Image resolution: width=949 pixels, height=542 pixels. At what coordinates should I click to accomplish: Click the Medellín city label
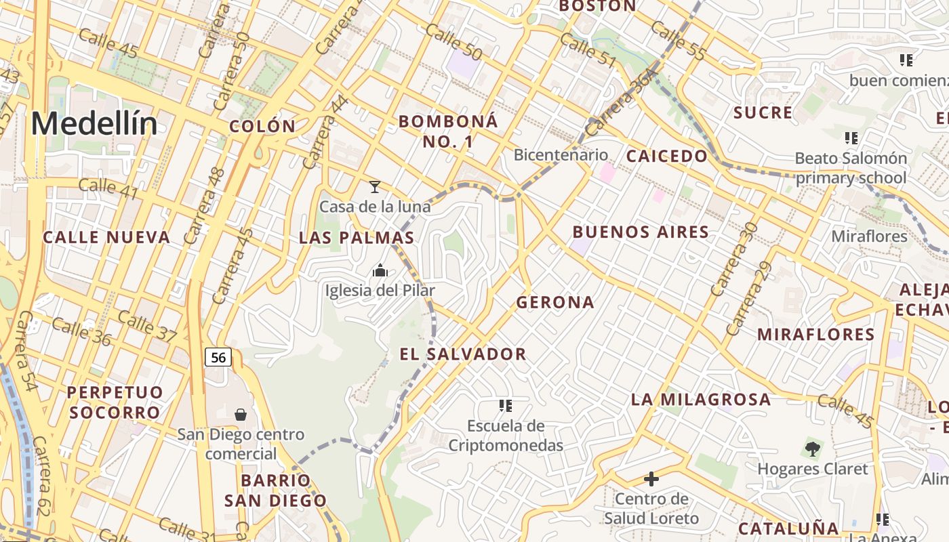(x=94, y=124)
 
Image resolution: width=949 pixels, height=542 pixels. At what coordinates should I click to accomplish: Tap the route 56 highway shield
(x=218, y=357)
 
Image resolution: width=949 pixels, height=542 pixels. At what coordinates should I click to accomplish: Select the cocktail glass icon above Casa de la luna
(x=374, y=186)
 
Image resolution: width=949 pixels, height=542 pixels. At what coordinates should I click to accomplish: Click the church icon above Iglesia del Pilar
(x=380, y=271)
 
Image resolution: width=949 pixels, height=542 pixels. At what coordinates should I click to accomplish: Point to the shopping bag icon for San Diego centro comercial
(x=240, y=414)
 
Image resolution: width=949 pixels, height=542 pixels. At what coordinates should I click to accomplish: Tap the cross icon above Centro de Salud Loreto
(x=651, y=480)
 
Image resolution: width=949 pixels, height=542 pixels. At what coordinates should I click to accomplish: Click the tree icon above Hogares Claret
(x=812, y=449)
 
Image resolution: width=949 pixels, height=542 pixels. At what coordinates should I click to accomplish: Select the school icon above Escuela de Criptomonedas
(x=505, y=406)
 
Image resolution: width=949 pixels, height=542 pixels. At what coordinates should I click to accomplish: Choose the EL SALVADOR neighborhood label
(x=463, y=354)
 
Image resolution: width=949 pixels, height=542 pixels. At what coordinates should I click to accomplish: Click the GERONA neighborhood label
(x=555, y=302)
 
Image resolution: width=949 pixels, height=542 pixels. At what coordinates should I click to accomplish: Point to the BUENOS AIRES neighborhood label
(x=641, y=232)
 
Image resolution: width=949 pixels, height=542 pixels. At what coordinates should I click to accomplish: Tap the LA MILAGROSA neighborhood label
(x=701, y=399)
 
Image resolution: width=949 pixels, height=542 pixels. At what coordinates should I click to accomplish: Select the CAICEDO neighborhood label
(x=666, y=156)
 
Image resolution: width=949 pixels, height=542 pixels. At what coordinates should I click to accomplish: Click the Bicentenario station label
(x=561, y=154)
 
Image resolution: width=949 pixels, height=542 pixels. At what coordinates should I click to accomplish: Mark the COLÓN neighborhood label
(x=262, y=126)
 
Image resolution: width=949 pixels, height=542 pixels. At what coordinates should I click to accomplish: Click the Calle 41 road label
(x=108, y=189)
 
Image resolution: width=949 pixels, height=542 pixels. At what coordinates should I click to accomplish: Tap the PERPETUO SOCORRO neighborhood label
(x=115, y=402)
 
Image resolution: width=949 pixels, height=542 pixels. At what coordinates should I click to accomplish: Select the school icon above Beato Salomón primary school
(x=851, y=138)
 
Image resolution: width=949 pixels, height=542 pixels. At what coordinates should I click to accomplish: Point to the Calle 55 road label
(x=679, y=41)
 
